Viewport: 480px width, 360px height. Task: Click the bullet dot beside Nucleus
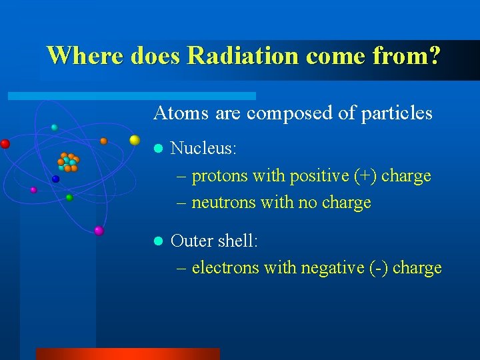tap(158, 149)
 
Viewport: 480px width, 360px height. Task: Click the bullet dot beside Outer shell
tap(158, 241)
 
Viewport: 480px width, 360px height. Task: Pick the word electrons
tap(225, 268)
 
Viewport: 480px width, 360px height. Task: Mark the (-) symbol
tap(378, 268)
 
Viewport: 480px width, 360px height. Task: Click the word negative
tap(332, 268)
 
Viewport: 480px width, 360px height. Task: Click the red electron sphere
tap(5, 143)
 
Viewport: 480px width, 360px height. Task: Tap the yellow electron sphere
tap(135, 140)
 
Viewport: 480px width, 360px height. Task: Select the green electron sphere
tap(69, 197)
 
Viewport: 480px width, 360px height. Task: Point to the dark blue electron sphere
tap(56, 179)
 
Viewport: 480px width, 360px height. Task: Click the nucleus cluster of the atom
tap(68, 162)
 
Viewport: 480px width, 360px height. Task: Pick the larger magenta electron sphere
tap(99, 231)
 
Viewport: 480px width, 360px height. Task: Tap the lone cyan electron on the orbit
tap(55, 127)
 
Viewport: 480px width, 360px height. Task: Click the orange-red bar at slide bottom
tap(127, 353)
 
